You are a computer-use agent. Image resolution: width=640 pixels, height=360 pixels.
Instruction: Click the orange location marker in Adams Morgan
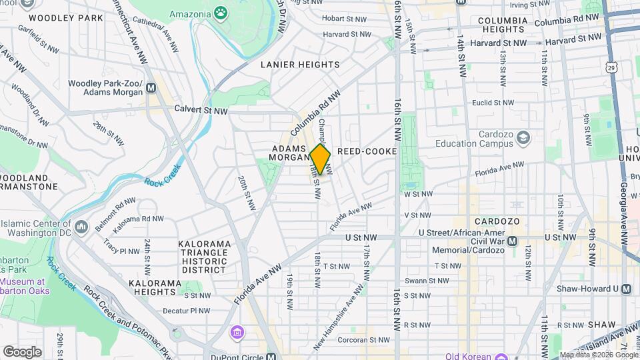click(x=320, y=160)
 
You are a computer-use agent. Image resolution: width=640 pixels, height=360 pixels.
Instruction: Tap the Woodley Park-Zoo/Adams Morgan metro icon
click(x=151, y=87)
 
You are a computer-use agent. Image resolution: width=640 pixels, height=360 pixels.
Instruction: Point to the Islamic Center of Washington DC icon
click(x=81, y=227)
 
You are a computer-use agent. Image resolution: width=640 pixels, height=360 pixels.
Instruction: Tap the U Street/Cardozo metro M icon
click(x=512, y=241)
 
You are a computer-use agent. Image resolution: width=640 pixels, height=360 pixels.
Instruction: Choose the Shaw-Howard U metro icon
click(x=626, y=289)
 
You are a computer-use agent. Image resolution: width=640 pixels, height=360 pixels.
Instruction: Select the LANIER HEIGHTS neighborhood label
click(x=300, y=65)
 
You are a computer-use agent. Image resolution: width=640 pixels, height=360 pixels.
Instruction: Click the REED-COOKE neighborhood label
click(x=367, y=151)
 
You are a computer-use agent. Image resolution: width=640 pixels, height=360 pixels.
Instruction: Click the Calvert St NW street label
click(x=201, y=109)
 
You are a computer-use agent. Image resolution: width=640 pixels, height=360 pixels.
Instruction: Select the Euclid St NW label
click(x=494, y=103)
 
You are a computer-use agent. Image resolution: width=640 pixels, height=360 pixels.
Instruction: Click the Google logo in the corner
click(x=23, y=351)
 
